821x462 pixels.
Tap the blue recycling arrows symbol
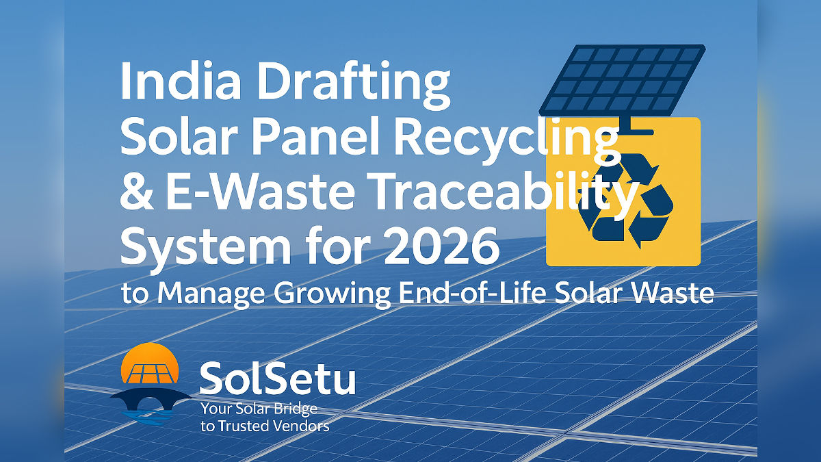coord(624,199)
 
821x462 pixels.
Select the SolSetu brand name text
coord(277,380)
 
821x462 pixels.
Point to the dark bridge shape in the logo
coord(151,398)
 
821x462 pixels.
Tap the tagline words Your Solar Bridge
coord(259,409)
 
